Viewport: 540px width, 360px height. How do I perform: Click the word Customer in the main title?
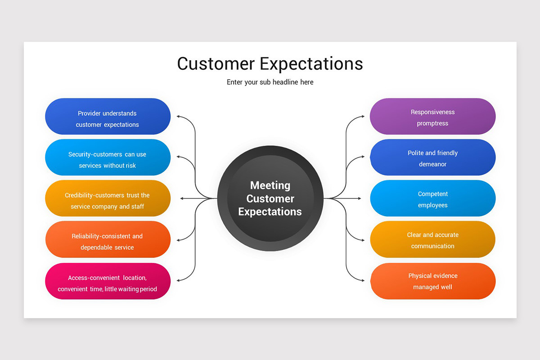[215, 63]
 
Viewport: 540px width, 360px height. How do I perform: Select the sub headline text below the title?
[270, 82]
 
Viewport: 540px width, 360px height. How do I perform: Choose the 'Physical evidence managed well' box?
[432, 281]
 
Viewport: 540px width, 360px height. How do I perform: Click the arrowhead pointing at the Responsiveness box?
[363, 117]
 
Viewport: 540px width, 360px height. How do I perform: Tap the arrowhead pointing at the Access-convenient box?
[179, 280]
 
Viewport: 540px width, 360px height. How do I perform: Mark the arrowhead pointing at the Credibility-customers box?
[182, 198]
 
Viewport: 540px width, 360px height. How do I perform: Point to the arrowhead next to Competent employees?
[359, 198]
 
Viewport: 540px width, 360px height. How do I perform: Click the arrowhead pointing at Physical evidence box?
[363, 280]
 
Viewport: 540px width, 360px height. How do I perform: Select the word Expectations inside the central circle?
[270, 212]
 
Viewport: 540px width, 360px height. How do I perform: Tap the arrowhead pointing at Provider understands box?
[179, 117]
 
